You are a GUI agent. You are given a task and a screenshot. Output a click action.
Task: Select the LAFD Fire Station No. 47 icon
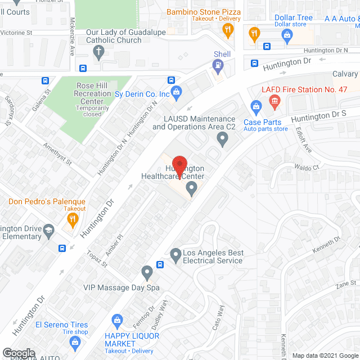point(274,102)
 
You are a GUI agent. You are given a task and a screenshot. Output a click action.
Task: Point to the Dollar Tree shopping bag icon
point(287,35)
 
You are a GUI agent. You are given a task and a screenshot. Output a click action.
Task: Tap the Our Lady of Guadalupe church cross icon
point(98,53)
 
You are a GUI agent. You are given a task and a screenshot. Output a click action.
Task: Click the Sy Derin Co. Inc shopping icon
point(176,92)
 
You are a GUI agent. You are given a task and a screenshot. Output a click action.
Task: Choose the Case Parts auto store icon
point(256,105)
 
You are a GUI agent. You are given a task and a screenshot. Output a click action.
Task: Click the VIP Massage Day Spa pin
point(147,273)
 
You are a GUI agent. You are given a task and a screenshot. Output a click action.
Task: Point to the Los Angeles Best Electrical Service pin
point(175,256)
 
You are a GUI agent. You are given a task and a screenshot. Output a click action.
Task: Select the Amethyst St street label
point(57,153)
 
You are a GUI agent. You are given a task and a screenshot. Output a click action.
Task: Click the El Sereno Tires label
point(61,325)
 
